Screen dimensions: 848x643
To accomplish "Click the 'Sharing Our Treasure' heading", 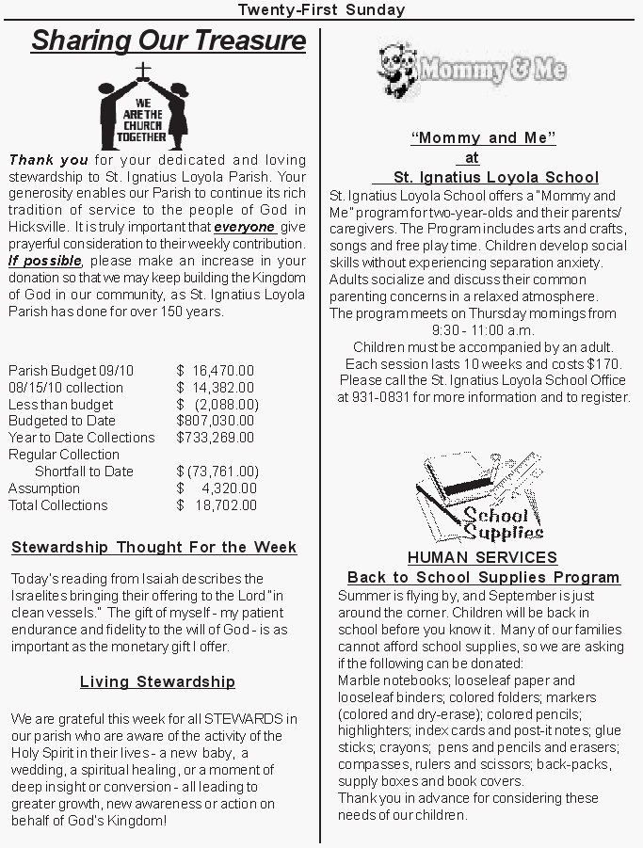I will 168,41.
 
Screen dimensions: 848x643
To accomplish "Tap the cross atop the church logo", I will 143,72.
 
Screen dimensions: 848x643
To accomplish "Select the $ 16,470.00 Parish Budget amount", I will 216,371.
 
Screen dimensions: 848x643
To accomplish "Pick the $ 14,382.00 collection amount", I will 216,388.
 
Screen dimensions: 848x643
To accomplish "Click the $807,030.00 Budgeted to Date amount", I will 216,421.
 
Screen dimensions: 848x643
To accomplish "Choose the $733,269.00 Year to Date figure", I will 216,438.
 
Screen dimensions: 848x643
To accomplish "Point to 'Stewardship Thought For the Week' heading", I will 154,548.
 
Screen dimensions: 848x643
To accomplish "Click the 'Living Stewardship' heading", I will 157,682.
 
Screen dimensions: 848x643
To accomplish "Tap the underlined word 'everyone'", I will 245,227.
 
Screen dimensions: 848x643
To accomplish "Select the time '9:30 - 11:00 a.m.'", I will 483,330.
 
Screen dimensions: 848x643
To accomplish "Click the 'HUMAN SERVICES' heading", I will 482,558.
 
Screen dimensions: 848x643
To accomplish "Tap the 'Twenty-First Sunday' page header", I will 321,10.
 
